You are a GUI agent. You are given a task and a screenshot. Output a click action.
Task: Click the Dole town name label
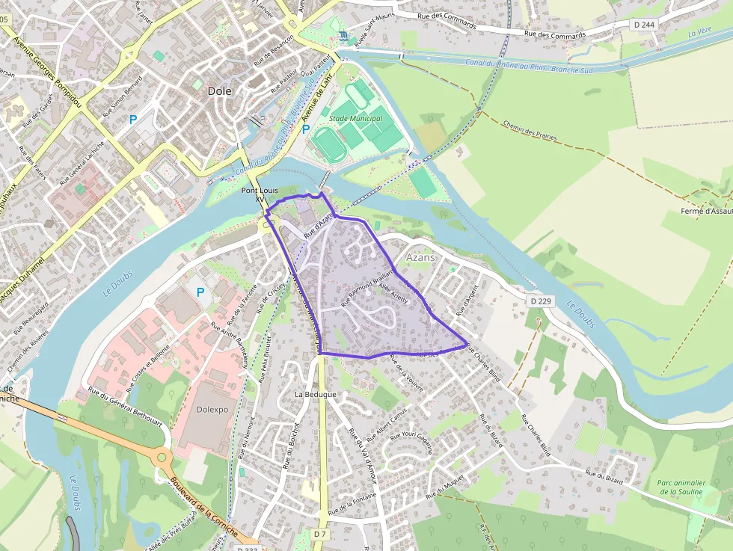click(219, 90)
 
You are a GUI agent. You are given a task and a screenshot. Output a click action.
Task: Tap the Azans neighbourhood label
click(420, 256)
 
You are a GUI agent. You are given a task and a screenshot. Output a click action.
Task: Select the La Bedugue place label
click(316, 394)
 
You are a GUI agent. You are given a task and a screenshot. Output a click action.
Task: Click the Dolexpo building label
click(201, 410)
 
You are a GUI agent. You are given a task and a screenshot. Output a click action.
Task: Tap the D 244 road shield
click(643, 25)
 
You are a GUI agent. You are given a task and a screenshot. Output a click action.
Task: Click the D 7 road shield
click(320, 533)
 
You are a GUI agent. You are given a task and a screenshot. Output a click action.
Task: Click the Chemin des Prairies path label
click(530, 134)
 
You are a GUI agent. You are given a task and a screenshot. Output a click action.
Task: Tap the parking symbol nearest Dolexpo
click(200, 292)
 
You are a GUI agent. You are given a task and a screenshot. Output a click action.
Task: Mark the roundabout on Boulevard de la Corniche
click(162, 457)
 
